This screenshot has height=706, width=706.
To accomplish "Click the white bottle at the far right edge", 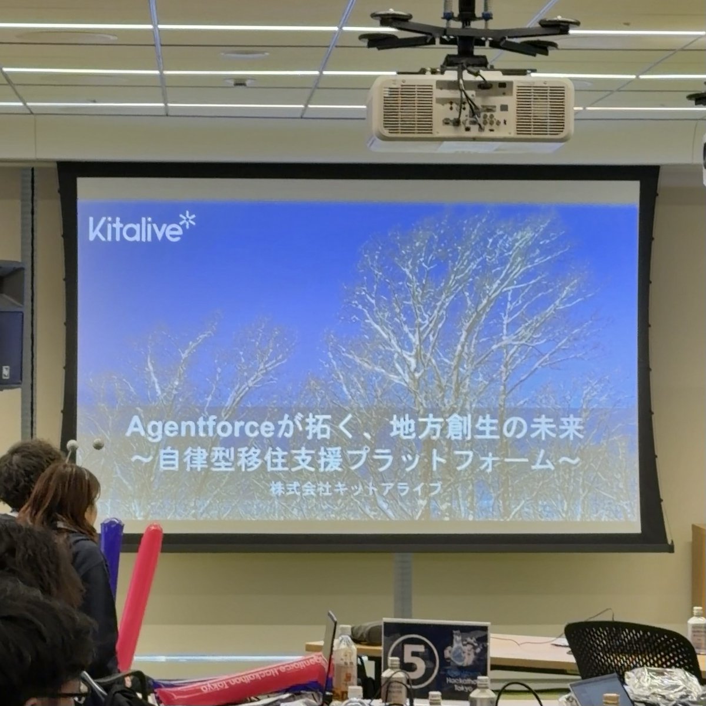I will tap(697, 630).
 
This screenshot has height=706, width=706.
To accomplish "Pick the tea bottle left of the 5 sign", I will tap(344, 653).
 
